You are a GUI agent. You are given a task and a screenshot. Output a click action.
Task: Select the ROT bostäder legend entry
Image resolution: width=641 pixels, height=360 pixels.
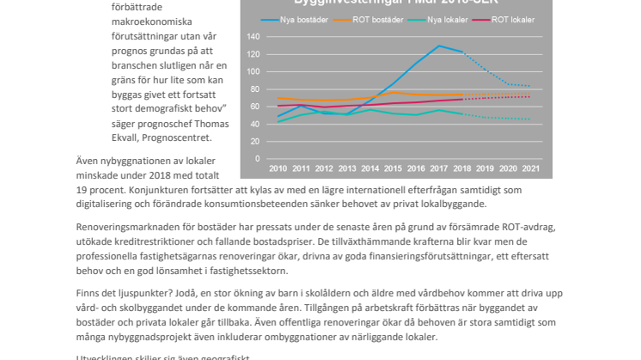pos(381,20)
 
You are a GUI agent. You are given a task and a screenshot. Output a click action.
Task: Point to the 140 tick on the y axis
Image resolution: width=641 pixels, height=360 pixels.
pos(253,37)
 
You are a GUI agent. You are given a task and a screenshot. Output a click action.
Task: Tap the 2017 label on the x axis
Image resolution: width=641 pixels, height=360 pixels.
pos(439,169)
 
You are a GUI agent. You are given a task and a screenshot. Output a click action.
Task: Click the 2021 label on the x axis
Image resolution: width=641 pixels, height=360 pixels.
pos(532,169)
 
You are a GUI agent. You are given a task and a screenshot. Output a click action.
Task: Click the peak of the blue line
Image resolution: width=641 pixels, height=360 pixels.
pos(439,46)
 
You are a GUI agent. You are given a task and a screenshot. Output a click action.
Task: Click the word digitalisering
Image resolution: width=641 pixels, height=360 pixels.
pos(114,204)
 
